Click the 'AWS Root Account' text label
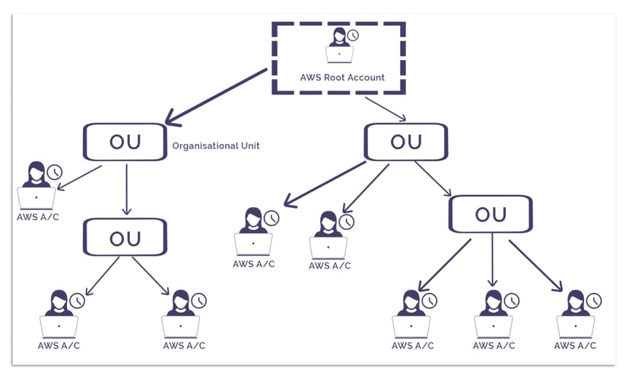(x=341, y=77)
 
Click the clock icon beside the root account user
(x=353, y=35)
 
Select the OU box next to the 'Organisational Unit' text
(x=125, y=142)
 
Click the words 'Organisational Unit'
(x=216, y=145)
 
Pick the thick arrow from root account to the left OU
(x=217, y=96)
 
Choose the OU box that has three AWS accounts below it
(x=490, y=214)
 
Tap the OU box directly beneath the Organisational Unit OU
(x=125, y=237)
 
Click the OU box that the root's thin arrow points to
(x=405, y=142)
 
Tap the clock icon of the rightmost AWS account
(x=592, y=301)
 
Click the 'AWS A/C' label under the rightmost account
(x=575, y=346)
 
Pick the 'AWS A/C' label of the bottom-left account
(x=59, y=346)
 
